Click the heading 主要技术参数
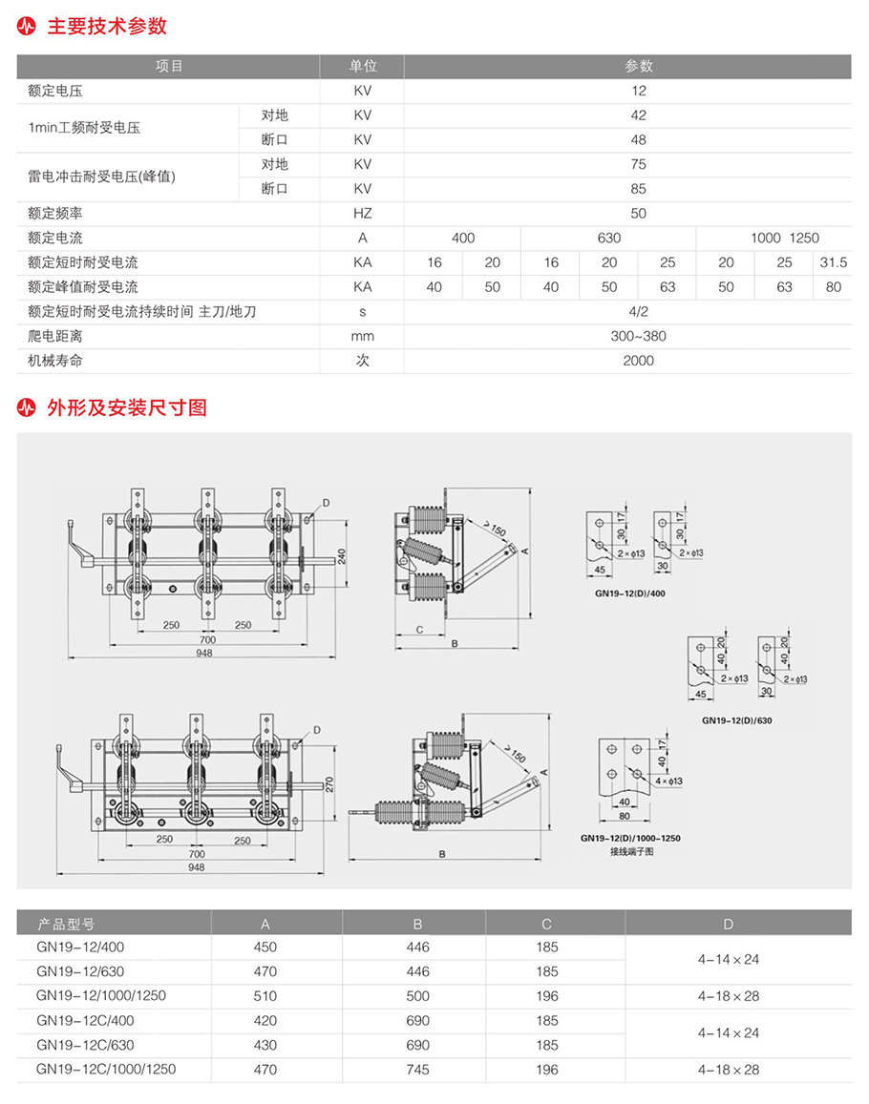click(106, 26)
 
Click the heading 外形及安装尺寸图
click(126, 407)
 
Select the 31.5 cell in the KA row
click(833, 262)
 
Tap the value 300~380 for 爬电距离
click(638, 336)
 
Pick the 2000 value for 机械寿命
click(638, 361)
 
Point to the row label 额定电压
click(55, 92)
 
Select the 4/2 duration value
click(638, 311)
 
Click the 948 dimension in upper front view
click(203, 654)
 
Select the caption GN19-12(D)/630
click(736, 720)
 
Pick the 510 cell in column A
click(265, 996)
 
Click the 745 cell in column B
click(417, 1070)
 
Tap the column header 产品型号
click(67, 924)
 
